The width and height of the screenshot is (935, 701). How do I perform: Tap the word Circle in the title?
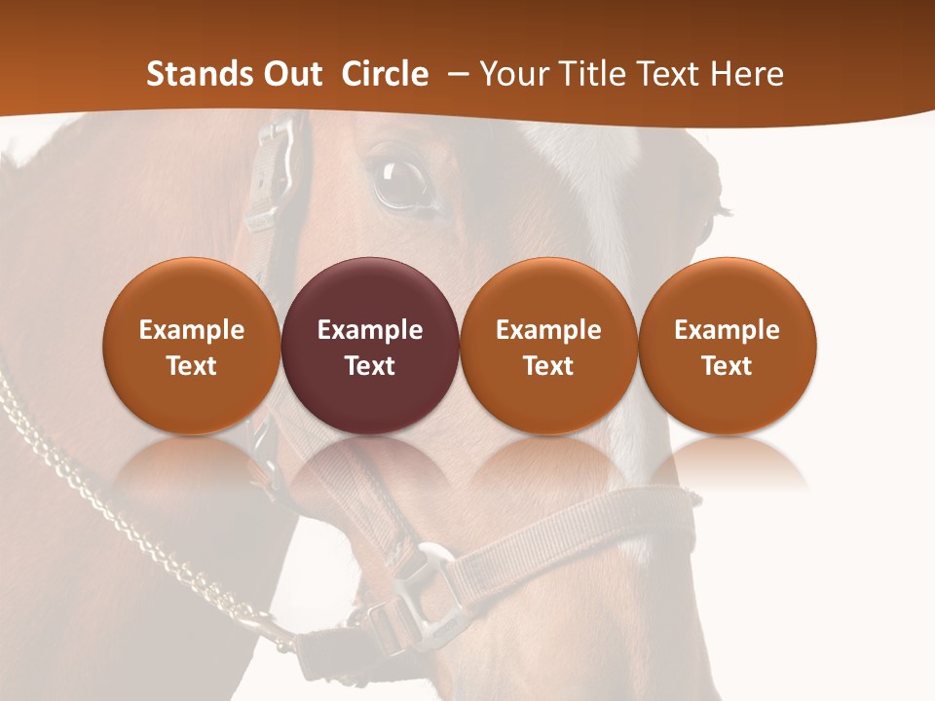(385, 74)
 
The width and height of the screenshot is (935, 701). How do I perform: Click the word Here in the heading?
(747, 74)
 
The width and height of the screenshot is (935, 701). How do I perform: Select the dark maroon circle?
(370, 346)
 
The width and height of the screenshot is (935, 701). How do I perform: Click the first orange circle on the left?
(191, 346)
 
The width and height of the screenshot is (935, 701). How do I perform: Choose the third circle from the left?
(548, 346)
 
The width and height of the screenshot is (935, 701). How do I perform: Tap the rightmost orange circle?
(727, 346)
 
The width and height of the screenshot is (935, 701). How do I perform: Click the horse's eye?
(401, 180)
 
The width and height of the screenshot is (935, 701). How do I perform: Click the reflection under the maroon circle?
(370, 467)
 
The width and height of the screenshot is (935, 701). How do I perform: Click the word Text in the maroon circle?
(370, 366)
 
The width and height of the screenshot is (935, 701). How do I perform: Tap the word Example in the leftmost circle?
(191, 330)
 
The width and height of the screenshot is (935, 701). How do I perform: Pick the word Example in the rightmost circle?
(727, 330)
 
